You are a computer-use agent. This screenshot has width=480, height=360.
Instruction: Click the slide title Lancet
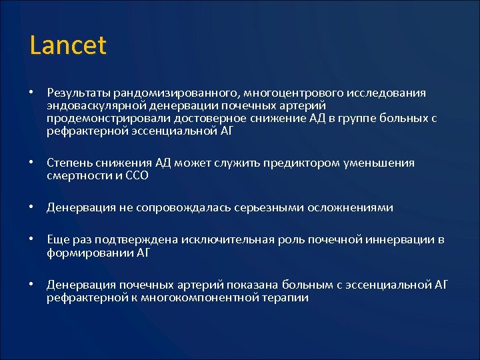point(68,45)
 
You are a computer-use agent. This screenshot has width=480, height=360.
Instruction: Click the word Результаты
point(78,93)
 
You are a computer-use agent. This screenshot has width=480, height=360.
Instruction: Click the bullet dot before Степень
point(31,163)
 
